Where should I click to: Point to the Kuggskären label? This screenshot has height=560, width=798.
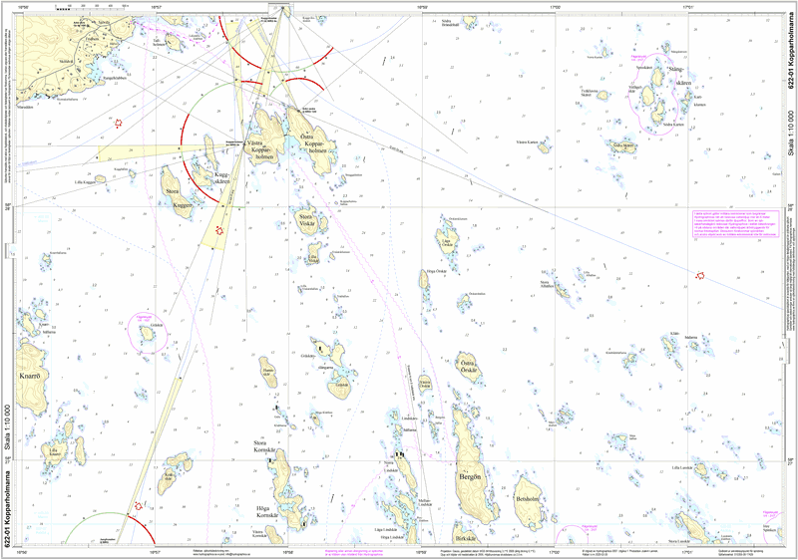coord(221,178)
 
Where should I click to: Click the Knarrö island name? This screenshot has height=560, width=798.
coord(28,377)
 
